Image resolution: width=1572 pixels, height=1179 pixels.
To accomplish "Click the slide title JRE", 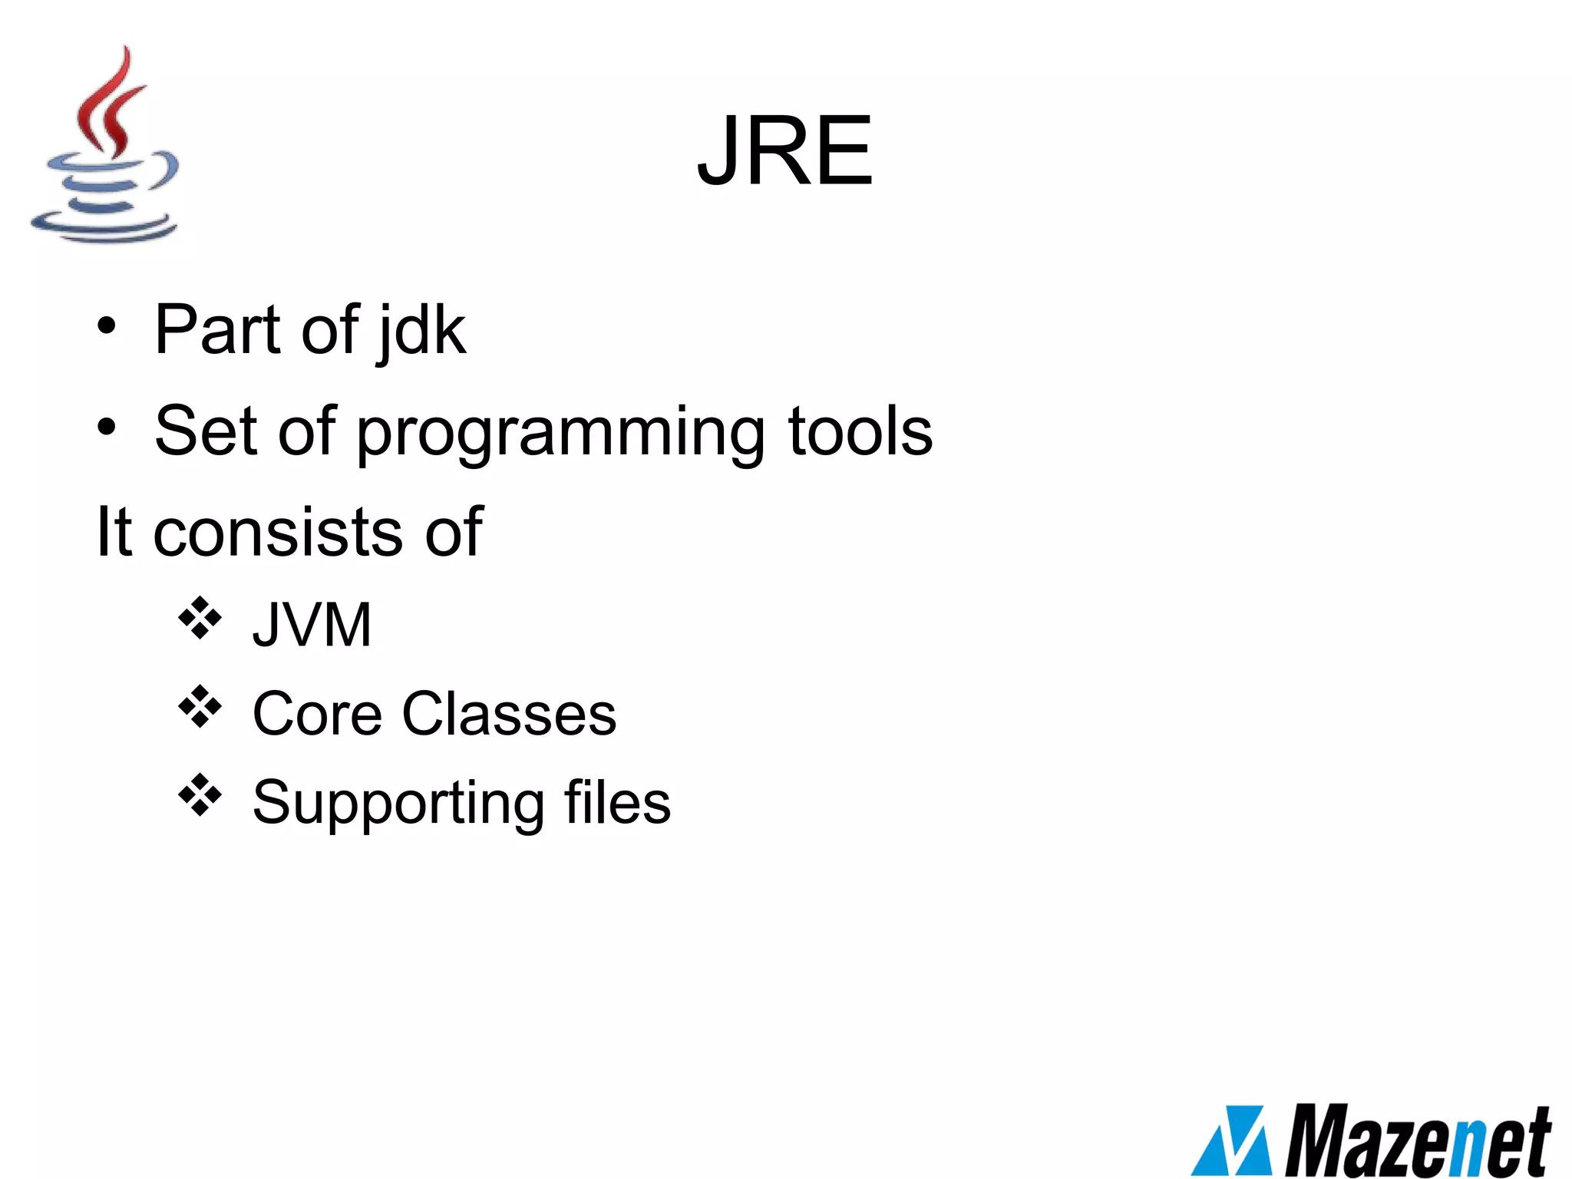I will [x=784, y=151].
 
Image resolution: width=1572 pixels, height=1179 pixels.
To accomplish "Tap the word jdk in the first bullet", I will [x=421, y=332].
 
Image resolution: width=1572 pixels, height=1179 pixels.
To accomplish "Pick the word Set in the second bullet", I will [x=205, y=431].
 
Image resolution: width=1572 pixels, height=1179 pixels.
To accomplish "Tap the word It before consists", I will [x=114, y=532].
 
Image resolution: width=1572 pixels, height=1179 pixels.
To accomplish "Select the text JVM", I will [x=312, y=625].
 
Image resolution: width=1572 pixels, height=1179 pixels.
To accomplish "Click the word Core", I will [x=317, y=715].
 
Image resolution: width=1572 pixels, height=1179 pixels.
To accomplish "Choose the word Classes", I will [x=509, y=715].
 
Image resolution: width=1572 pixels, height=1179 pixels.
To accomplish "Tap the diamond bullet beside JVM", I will [x=200, y=618].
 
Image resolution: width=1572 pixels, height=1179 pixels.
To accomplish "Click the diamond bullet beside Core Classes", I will [x=200, y=707].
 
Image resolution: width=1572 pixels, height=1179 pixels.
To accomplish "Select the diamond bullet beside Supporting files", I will [x=200, y=795].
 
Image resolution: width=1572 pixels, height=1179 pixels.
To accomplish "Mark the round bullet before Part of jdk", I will [x=107, y=326].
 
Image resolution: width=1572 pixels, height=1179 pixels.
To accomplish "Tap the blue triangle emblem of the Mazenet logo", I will [x=1233, y=1141].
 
